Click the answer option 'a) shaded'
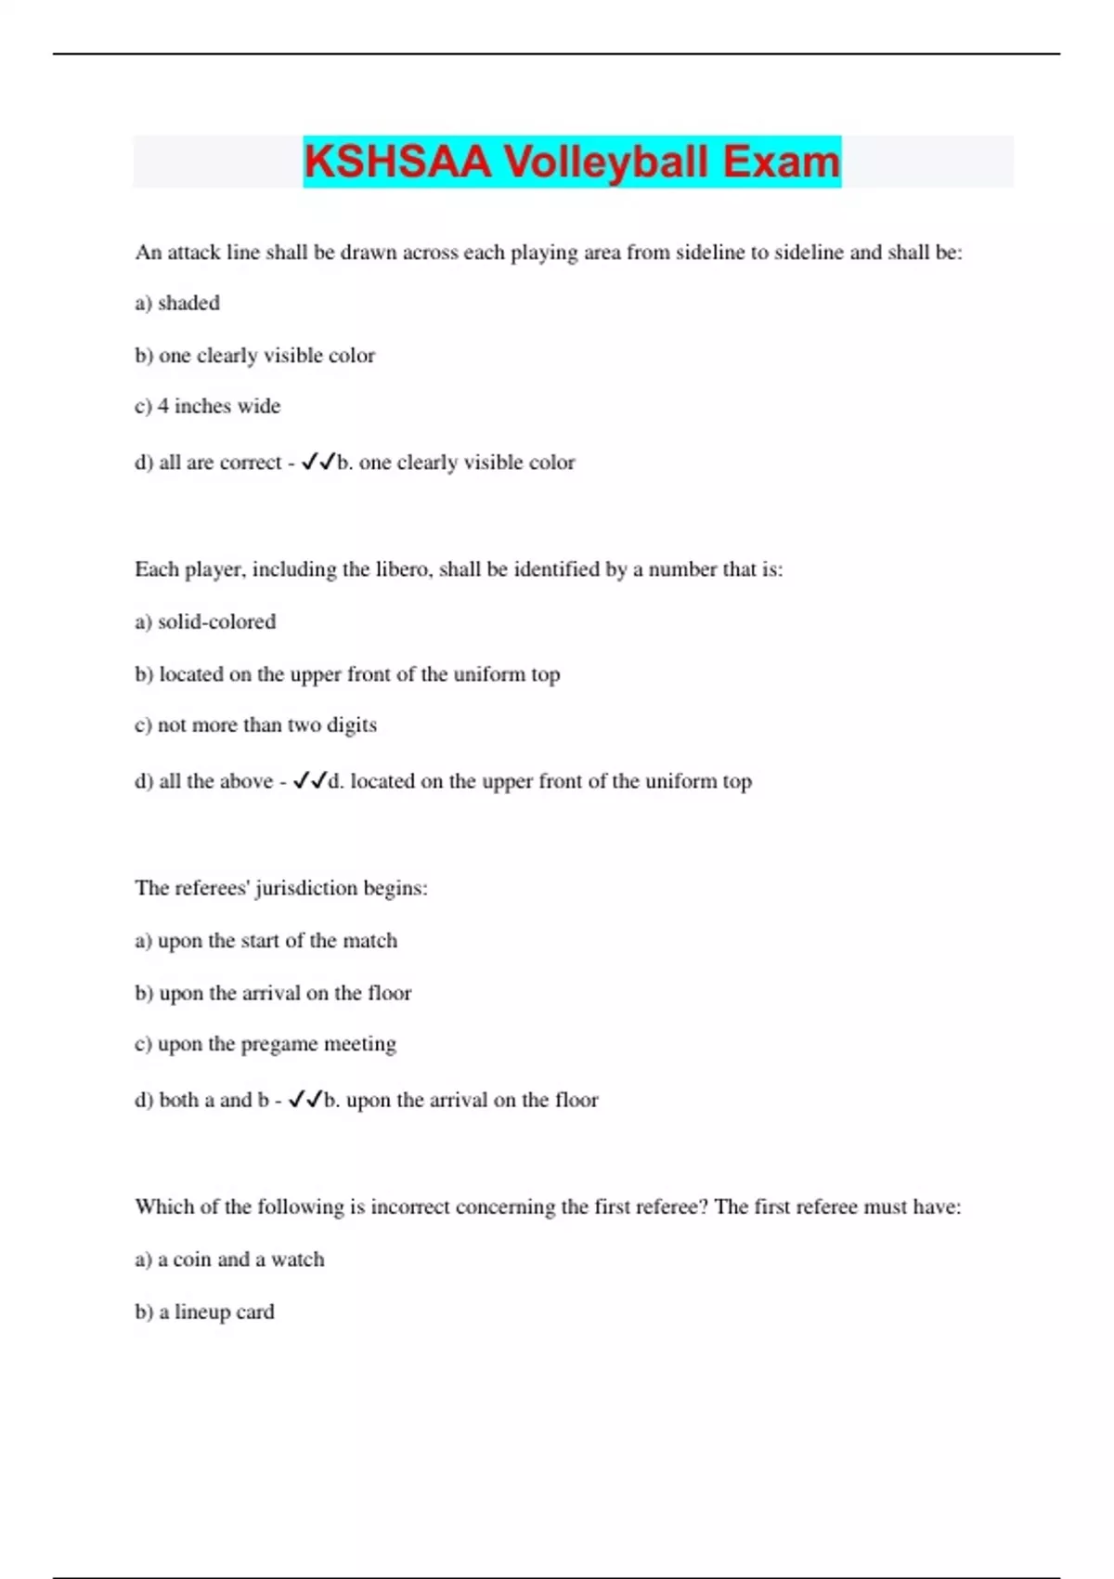point(177,303)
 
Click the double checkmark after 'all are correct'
point(317,461)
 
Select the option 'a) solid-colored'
point(205,621)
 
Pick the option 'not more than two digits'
point(256,724)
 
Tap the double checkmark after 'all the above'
point(309,780)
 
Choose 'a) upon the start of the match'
point(266,941)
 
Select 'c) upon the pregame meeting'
point(266,1044)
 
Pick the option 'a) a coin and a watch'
point(230,1259)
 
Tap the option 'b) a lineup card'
point(205,1311)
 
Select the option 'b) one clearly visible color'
point(255,355)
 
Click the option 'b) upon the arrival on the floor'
point(273,993)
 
